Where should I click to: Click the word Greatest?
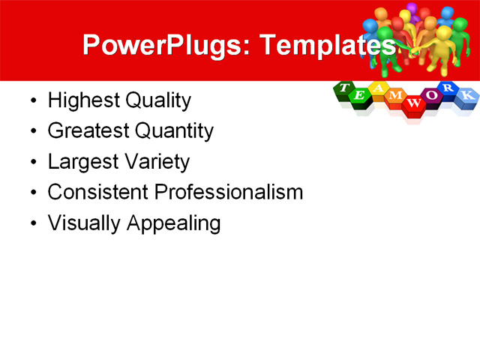pyautogui.click(x=88, y=131)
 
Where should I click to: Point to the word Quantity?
pyautogui.click(x=174, y=131)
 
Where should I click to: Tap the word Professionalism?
pyautogui.click(x=229, y=192)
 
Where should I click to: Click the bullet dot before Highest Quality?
pyautogui.click(x=31, y=101)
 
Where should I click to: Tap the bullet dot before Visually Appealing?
pyautogui.click(x=31, y=224)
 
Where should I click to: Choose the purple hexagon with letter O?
pyautogui.click(x=431, y=96)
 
